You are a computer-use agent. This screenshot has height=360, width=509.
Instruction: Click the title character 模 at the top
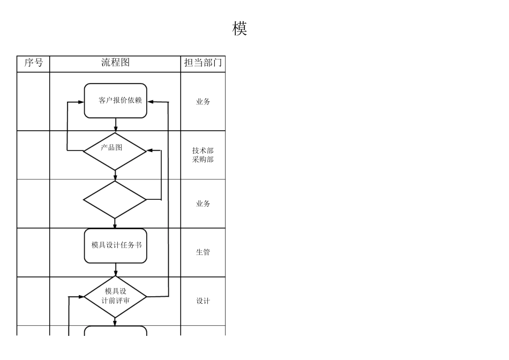pyautogui.click(x=239, y=29)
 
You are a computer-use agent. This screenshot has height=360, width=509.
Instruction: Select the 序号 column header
pyautogui.click(x=33, y=63)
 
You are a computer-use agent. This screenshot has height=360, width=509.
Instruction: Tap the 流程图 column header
pyautogui.click(x=115, y=63)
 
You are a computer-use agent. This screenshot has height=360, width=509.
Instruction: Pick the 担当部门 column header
pyautogui.click(x=203, y=63)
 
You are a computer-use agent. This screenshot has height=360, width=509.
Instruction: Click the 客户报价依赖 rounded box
pyautogui.click(x=116, y=100)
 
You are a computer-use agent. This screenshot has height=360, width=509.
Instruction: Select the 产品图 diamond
pyautogui.click(x=115, y=151)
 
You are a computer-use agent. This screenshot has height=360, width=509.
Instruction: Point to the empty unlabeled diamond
pyautogui.click(x=115, y=200)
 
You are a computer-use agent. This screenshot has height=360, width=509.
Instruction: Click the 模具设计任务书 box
pyautogui.click(x=116, y=245)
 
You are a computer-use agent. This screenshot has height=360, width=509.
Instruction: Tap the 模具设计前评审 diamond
pyautogui.click(x=116, y=296)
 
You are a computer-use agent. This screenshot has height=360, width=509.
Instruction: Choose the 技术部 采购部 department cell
pyautogui.click(x=203, y=155)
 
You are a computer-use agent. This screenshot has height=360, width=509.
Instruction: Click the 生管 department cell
pyautogui.click(x=203, y=252)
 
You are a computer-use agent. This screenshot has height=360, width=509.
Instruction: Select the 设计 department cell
pyautogui.click(x=203, y=301)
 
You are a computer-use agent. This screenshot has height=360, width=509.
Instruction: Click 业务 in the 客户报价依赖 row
pyautogui.click(x=203, y=101)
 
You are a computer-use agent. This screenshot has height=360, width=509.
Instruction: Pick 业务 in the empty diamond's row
pyautogui.click(x=203, y=204)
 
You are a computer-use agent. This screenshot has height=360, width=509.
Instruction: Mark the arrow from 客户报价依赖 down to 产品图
pyautogui.click(x=116, y=125)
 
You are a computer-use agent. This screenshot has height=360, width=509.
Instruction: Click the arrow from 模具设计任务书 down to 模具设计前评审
pyautogui.click(x=116, y=269)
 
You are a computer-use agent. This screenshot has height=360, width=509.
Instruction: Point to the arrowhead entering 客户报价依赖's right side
pyautogui.click(x=151, y=101)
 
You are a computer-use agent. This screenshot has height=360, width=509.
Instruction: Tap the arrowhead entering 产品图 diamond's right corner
pyautogui.click(x=150, y=151)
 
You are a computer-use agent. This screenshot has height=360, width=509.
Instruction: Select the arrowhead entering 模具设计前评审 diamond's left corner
pyautogui.click(x=81, y=296)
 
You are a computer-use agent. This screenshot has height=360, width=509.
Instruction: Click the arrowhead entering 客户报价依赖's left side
pyautogui.click(x=81, y=101)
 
